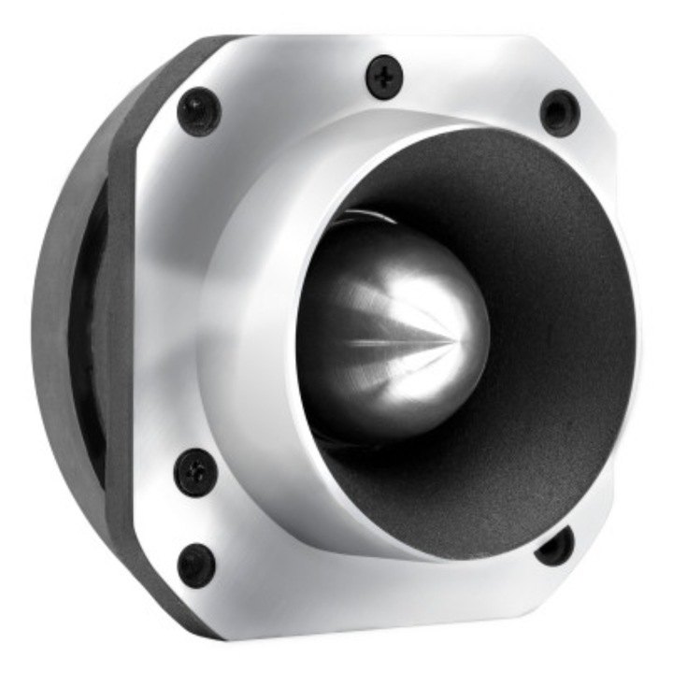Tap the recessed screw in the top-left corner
tap(199, 111)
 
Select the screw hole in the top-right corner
tap(560, 112)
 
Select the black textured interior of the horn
tap(551, 308)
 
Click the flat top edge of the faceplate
tap(374, 42)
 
